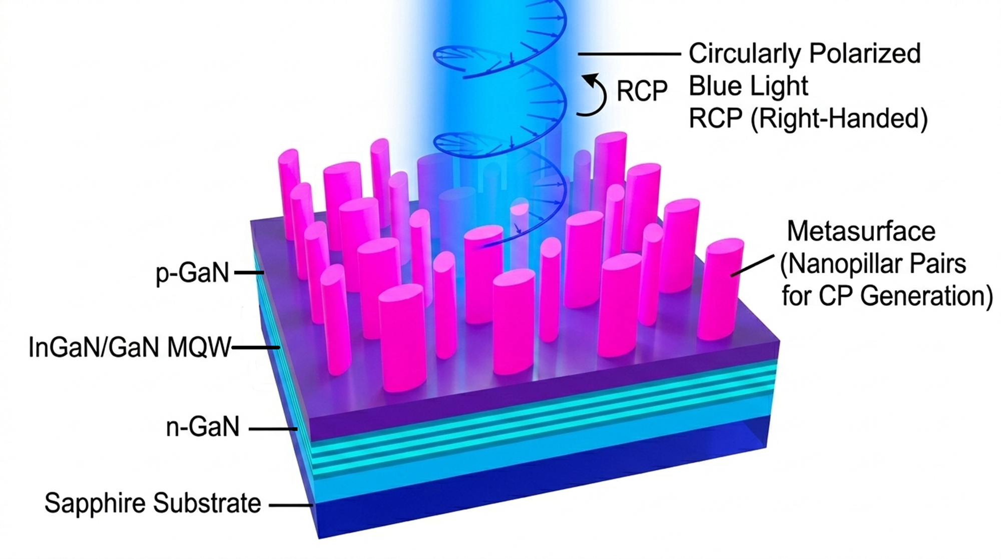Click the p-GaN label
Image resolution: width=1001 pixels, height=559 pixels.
[192, 274]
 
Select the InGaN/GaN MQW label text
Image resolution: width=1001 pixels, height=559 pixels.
[130, 348]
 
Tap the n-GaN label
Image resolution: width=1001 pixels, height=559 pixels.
[203, 428]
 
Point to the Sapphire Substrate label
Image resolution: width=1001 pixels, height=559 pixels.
[153, 503]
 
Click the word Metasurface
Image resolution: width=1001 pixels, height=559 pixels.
[861, 231]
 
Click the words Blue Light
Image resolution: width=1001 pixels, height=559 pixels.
[748, 86]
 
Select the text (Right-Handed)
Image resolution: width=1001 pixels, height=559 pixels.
[839, 119]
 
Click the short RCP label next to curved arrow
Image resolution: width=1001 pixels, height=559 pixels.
[642, 92]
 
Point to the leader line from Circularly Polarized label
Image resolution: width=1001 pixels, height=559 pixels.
[630, 54]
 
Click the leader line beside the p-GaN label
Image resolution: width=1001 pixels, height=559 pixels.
[249, 273]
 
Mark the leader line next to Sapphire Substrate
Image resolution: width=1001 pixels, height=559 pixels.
[291, 505]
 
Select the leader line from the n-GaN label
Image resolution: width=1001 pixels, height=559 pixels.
[273, 429]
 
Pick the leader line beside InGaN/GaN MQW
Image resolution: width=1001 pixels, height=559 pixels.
[255, 347]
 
